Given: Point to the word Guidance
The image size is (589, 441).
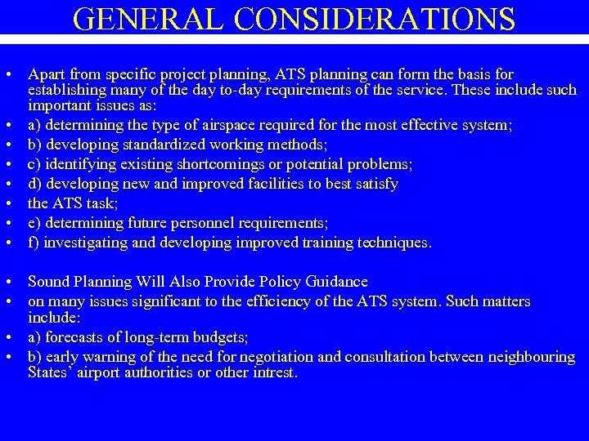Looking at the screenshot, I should (336, 282).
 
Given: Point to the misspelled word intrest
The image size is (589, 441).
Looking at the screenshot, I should (275, 373).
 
